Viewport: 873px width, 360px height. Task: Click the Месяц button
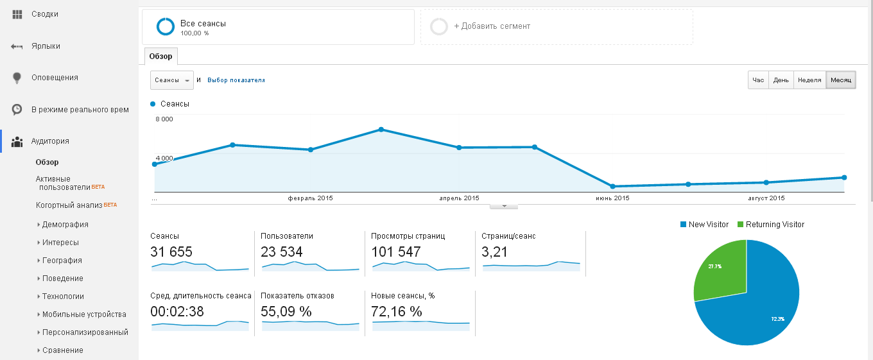pos(840,80)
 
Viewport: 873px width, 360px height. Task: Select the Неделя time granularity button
pos(809,80)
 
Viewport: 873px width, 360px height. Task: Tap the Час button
pos(758,80)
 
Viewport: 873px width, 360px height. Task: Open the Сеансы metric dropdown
pos(171,80)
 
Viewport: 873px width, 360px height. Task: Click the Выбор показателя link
pos(236,80)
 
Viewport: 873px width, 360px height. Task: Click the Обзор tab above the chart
pos(160,56)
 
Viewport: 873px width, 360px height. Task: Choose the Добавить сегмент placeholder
pos(492,26)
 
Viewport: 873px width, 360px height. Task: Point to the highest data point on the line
pos(381,130)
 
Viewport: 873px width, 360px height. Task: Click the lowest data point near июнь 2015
pos(613,186)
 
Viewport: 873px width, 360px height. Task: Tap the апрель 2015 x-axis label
pos(459,198)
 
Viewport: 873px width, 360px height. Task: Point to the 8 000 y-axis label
pos(164,119)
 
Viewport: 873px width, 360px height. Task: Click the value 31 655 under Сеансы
pos(171,252)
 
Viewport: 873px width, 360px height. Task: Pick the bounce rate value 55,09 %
pos(286,311)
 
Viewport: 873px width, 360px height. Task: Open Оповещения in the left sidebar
pos(55,78)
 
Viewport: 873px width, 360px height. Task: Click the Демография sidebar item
pos(65,225)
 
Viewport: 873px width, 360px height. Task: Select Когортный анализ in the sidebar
pos(69,205)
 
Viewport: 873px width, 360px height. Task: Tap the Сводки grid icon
pos(17,14)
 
